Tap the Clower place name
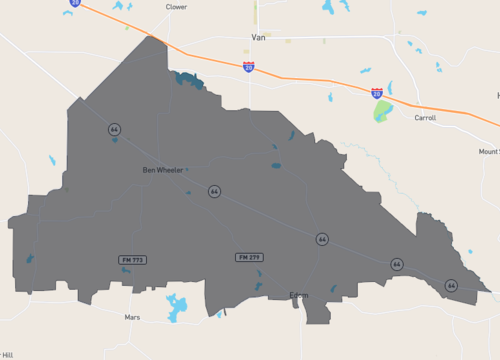pyautogui.click(x=176, y=7)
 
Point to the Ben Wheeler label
pyautogui.click(x=164, y=170)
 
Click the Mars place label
pyautogui.click(x=132, y=317)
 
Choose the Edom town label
pyautogui.click(x=299, y=295)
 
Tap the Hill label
pyautogui.click(x=7, y=354)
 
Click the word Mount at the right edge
pyautogui.click(x=489, y=151)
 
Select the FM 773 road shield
pyautogui.click(x=133, y=260)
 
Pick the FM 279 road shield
pyautogui.click(x=250, y=257)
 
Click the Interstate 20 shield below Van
pyautogui.click(x=248, y=67)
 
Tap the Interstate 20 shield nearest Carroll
pyautogui.click(x=376, y=92)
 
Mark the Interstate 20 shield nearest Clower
pyautogui.click(x=75, y=3)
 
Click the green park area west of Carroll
pyautogui.click(x=383, y=111)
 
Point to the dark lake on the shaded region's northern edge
pyautogui.click(x=188, y=80)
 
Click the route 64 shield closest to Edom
pyautogui.click(x=322, y=240)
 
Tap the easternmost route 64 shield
pyautogui.click(x=451, y=285)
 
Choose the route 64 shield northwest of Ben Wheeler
pyautogui.click(x=115, y=130)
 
